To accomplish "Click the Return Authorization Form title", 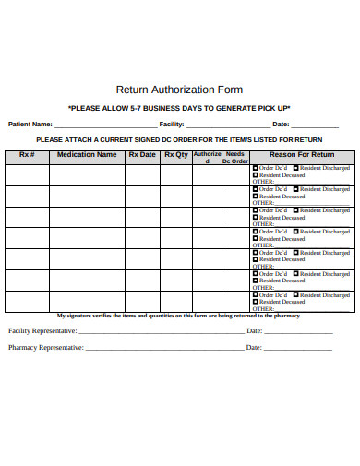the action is coord(178,90).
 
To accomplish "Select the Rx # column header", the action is coord(27,154).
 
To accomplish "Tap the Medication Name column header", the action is coord(87,154).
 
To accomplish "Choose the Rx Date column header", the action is coord(142,154).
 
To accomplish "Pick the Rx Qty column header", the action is coord(175,154).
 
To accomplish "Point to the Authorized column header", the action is coord(207,157).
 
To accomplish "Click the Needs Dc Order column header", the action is coord(235,157).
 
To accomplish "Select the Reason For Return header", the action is coord(301,154).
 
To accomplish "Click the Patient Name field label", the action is coord(30,124).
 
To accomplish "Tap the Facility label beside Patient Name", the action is coord(172,124).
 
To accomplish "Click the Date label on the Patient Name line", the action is coord(281,124).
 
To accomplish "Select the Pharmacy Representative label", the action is coord(46,348).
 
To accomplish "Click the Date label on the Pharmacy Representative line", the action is coord(256,348).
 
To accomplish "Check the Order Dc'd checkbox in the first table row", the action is coord(256,167).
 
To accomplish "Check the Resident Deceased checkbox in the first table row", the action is coord(256,174).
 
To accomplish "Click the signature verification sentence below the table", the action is coord(179,316).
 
